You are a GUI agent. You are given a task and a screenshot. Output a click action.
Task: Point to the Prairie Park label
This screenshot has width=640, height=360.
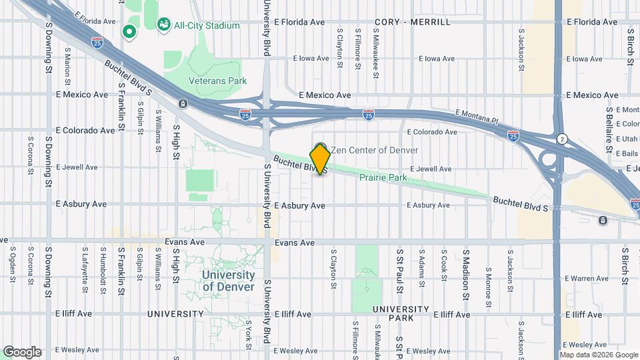pyautogui.click(x=383, y=178)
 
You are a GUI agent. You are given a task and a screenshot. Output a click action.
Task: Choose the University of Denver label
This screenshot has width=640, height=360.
pyautogui.click(x=228, y=281)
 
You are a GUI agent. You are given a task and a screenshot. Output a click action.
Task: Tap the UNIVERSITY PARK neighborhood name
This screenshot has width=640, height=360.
pyautogui.click(x=401, y=313)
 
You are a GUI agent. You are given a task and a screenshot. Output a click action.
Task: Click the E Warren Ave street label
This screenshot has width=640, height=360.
pyautogui.click(x=586, y=278)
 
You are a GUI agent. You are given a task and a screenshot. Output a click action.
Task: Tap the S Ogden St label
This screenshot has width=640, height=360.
pyautogui.click(x=13, y=263)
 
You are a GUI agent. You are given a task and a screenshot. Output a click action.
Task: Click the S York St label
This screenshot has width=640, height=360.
pyautogui.click(x=248, y=330)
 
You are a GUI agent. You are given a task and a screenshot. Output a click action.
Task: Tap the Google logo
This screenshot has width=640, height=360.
pyautogui.click(x=22, y=351)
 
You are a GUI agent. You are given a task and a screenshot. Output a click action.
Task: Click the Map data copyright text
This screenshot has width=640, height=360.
pyautogui.click(x=598, y=355)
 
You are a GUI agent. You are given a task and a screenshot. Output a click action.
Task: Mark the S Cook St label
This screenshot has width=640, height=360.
pyautogui.click(x=443, y=265)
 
